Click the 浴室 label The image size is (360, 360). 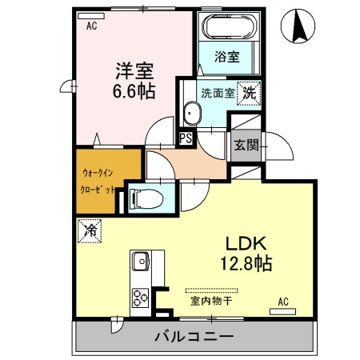tap(227, 58)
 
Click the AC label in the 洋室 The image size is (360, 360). tap(92, 25)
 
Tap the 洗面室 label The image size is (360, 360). tap(218, 93)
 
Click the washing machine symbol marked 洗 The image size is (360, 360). tap(250, 92)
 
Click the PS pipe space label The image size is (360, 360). tap(186, 138)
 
